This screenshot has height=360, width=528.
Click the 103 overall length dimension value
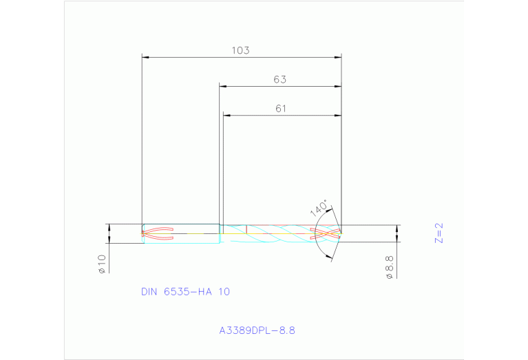(x=240, y=50)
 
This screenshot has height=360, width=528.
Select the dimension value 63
(x=279, y=79)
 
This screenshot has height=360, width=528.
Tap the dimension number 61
(x=280, y=108)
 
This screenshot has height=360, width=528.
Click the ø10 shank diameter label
(x=101, y=264)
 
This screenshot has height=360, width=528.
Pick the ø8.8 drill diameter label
(x=389, y=266)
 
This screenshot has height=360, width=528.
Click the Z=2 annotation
(x=439, y=233)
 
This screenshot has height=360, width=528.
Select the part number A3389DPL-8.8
(x=257, y=330)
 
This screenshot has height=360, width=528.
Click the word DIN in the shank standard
(x=149, y=292)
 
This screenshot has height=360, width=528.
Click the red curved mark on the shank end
(x=157, y=234)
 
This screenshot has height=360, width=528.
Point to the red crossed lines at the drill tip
(x=328, y=234)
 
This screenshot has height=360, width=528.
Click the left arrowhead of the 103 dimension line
(x=145, y=57)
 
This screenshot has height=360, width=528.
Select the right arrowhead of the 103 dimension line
(x=338, y=57)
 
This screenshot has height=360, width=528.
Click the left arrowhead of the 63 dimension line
(x=223, y=86)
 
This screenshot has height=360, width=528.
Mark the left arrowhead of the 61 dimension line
(x=226, y=115)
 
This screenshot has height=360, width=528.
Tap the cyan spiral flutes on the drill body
(x=275, y=235)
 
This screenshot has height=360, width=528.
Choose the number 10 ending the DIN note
(x=224, y=292)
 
